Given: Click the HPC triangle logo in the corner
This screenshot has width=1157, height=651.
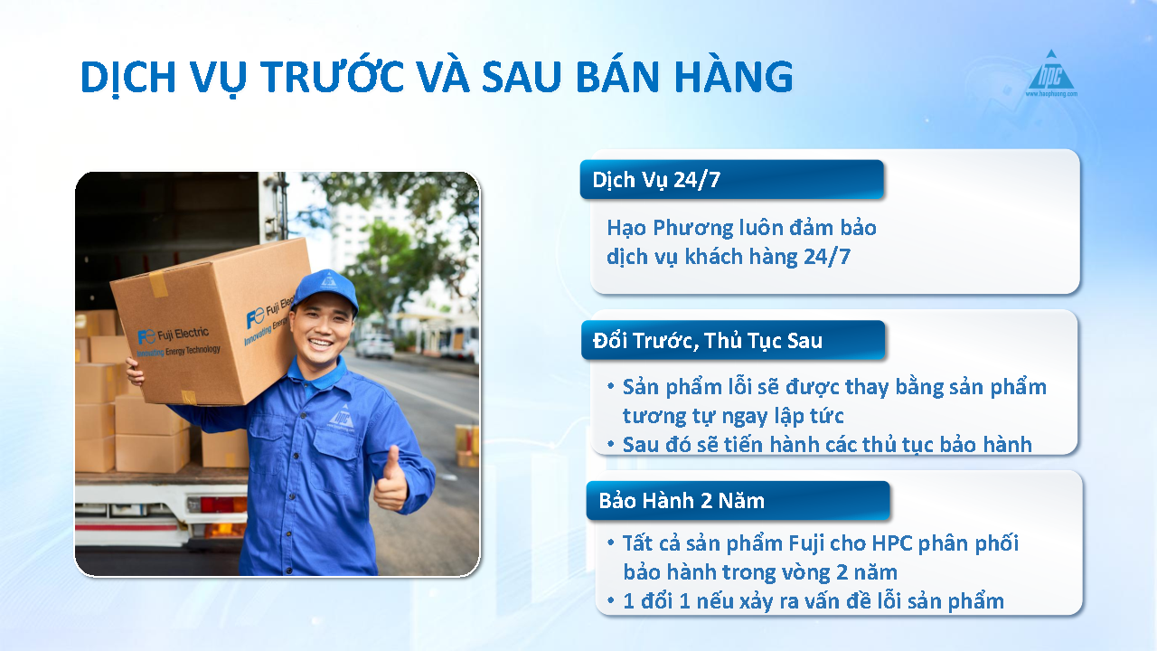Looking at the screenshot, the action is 1051,73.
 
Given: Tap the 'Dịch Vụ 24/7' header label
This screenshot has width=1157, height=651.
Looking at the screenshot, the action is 656,180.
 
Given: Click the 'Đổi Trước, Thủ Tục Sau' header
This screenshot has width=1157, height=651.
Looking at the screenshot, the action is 708,341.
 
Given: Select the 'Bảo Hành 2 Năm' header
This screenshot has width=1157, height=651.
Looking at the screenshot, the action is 682,501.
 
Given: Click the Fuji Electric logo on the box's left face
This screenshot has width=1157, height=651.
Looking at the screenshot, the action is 178,341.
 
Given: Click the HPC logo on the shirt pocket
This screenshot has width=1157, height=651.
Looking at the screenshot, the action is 341,418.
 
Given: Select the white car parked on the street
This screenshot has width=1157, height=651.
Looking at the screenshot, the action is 375,345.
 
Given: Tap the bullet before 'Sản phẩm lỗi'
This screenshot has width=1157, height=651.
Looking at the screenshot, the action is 611,386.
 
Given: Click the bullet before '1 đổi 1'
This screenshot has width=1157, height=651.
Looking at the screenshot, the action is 611,600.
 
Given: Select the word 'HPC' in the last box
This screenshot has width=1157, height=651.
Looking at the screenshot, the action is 892,543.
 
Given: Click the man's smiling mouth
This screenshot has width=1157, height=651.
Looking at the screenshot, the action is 320,343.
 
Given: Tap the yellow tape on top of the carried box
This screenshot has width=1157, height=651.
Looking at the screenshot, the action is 158,283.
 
